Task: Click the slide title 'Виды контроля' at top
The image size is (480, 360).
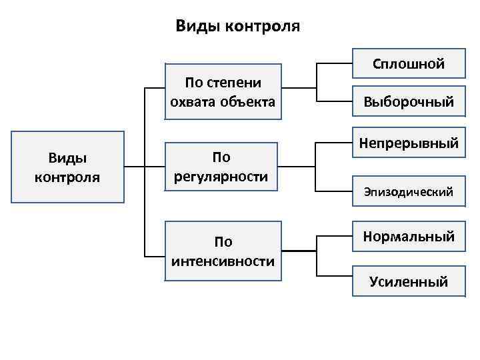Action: point(238,26)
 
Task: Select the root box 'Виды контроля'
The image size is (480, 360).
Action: point(67,167)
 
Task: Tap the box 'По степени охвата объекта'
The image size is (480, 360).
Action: point(223,92)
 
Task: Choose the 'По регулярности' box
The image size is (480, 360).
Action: point(221,167)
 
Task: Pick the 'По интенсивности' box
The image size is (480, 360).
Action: point(223,251)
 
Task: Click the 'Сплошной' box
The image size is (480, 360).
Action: point(409,65)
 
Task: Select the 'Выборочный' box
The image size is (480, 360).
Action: point(409,102)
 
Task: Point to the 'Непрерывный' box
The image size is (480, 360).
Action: point(409,143)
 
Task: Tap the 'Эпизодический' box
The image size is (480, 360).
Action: point(409,192)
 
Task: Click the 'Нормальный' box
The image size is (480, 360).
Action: point(409,237)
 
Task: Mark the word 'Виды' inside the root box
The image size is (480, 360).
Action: point(67,157)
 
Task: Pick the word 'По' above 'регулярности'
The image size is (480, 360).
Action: point(221,157)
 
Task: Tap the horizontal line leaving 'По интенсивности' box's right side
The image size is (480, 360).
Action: point(298,251)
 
